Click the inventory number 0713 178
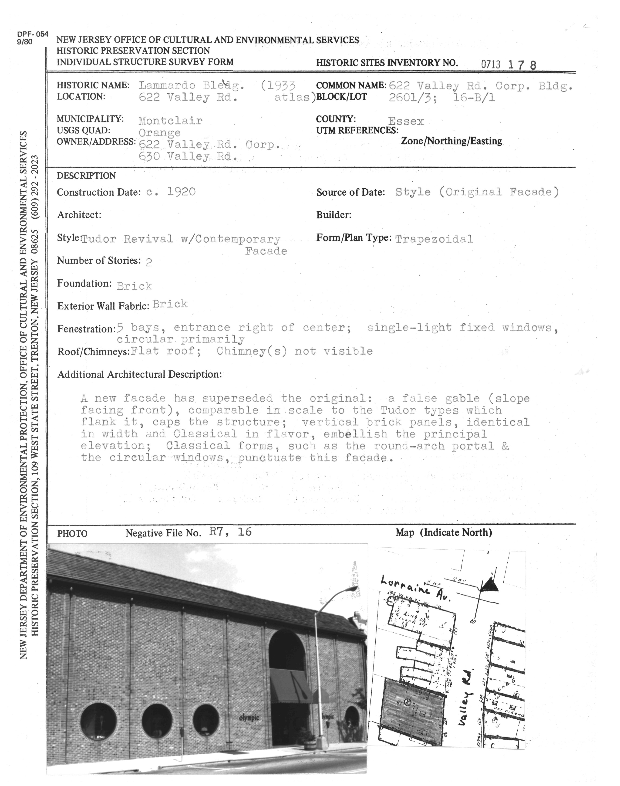[x=508, y=65]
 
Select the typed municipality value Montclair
[x=170, y=121]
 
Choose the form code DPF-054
[x=32, y=34]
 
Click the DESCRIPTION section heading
[x=86, y=176]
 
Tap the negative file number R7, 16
[x=230, y=532]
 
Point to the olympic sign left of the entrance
[x=249, y=718]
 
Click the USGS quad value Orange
[x=159, y=132]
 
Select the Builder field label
[x=334, y=215]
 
